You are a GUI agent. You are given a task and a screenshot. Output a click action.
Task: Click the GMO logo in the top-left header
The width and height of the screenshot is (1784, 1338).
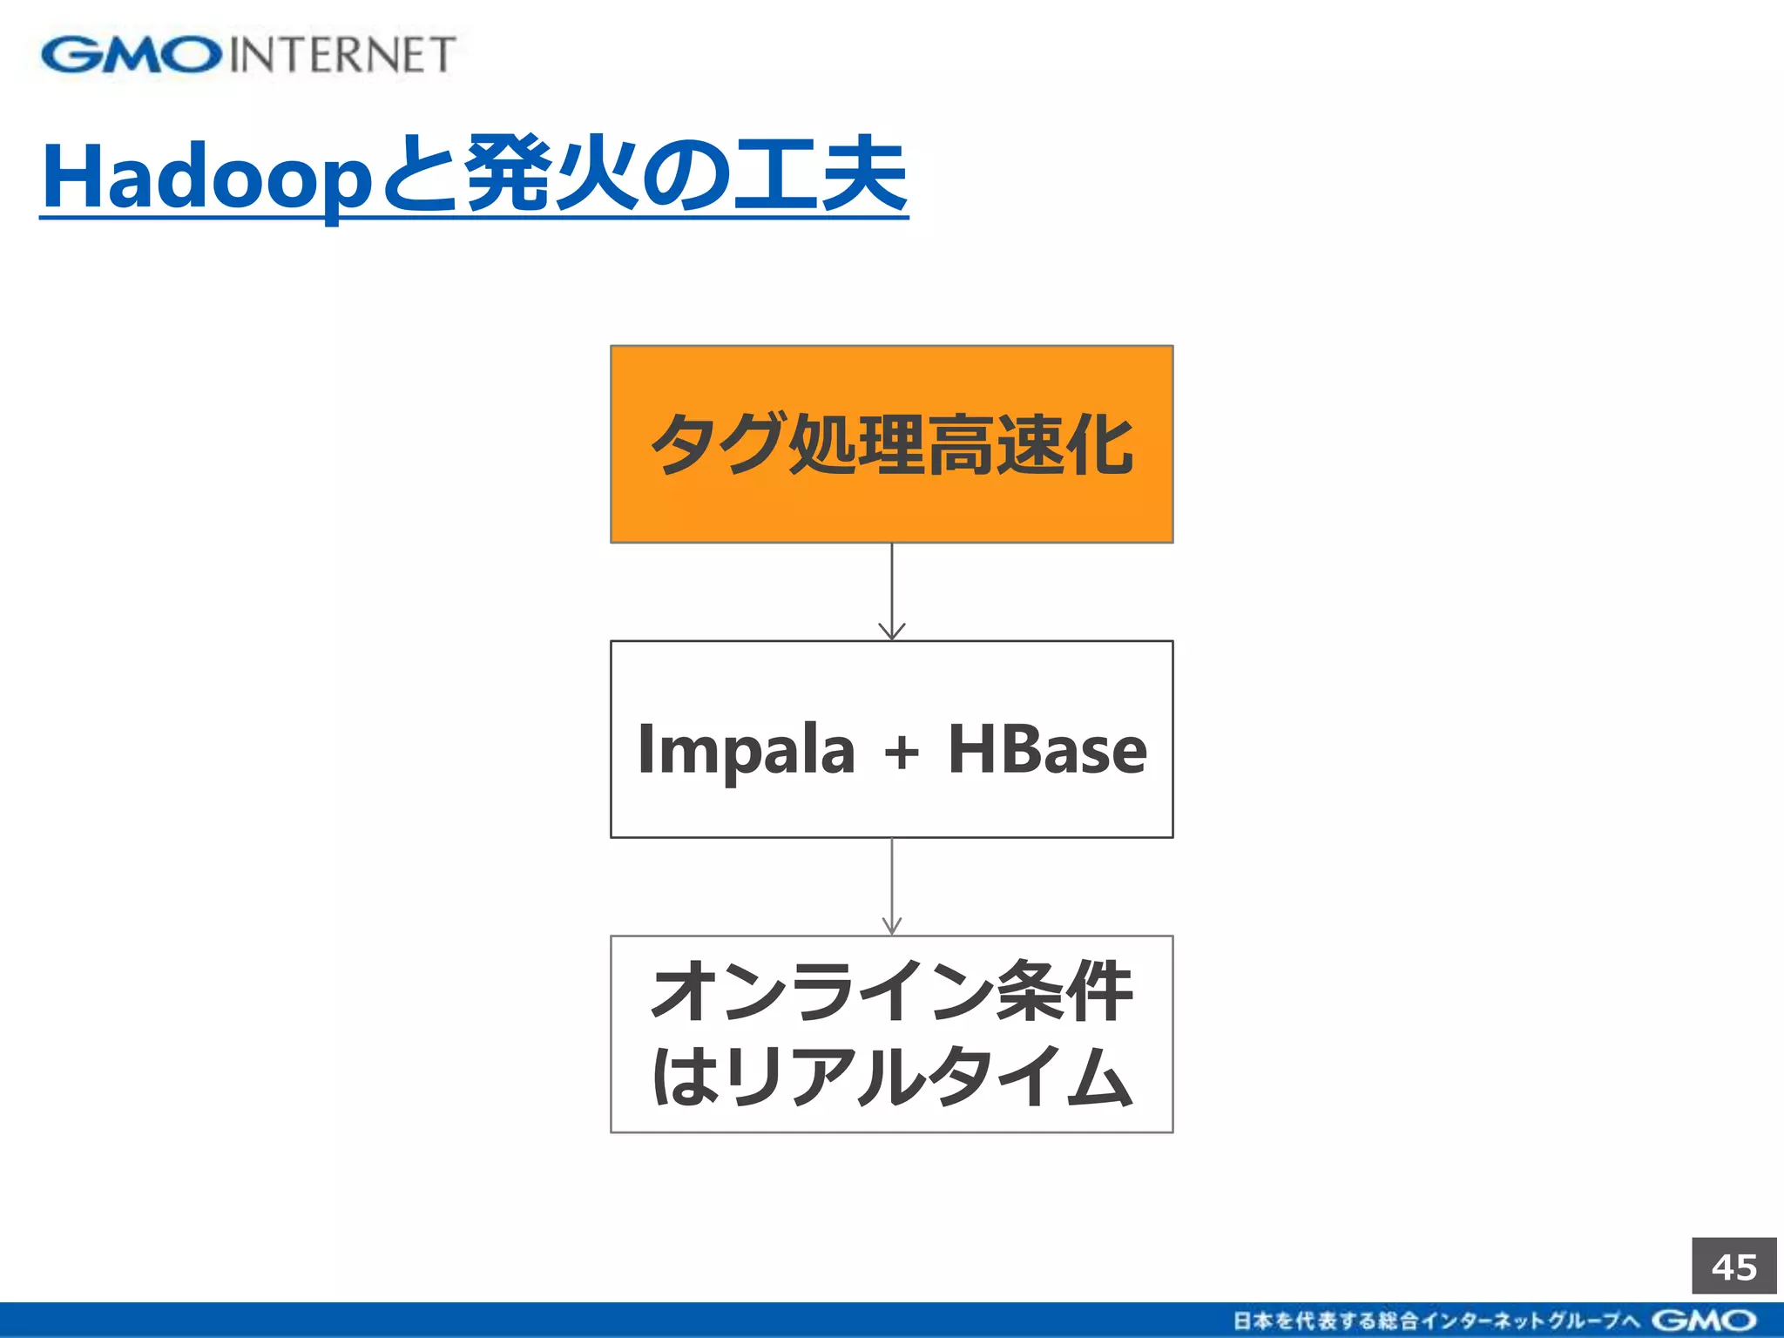coord(131,55)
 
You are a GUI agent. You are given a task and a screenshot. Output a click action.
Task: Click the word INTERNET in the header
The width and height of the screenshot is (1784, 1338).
coord(342,55)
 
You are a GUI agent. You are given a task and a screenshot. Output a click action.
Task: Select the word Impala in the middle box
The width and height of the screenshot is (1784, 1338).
coord(746,749)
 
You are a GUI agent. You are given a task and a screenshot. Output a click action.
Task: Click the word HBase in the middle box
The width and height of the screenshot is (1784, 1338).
coord(1047,749)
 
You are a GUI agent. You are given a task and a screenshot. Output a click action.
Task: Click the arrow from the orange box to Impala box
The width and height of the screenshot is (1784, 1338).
coord(891,592)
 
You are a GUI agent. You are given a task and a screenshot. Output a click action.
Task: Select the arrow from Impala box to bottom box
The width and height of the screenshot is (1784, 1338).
coord(891,887)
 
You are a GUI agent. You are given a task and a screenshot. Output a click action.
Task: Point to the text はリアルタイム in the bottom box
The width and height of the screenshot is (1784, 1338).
coord(891,1077)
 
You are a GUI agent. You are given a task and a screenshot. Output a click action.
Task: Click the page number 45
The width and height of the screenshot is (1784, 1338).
coord(1733,1267)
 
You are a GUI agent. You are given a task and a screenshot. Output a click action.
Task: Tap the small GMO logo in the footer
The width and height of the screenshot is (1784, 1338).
coord(1704,1321)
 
